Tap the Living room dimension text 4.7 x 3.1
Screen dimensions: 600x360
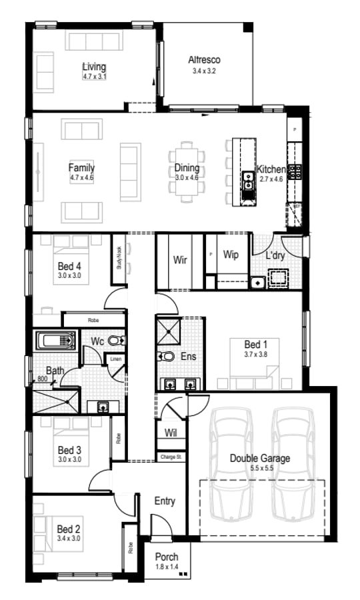[x=94, y=77]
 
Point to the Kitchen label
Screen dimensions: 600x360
[x=271, y=169]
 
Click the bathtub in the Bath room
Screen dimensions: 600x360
[x=57, y=341]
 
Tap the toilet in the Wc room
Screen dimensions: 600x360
[x=116, y=341]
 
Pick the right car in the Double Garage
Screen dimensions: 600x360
[x=293, y=465]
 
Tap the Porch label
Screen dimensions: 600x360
[x=167, y=557]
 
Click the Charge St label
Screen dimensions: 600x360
[x=170, y=457]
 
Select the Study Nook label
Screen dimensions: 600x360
[x=119, y=257]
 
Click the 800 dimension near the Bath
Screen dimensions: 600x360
[x=42, y=379]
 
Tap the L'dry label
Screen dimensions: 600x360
[x=276, y=255]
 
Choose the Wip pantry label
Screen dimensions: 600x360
[x=231, y=255]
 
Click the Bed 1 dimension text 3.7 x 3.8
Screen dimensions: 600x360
[x=255, y=355]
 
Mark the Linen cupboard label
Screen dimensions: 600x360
[x=115, y=360]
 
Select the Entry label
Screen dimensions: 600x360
[x=165, y=501]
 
